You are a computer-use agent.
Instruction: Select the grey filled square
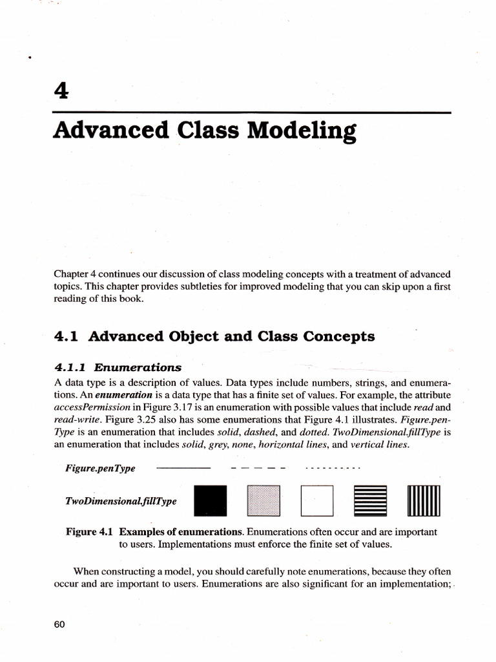[x=264, y=500]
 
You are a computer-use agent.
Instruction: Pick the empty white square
[x=316, y=500]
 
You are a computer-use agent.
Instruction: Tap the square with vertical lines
[x=423, y=500]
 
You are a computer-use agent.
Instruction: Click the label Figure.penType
[x=100, y=468]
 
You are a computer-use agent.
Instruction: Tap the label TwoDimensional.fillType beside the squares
[x=121, y=500]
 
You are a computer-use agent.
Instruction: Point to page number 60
[x=60, y=624]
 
